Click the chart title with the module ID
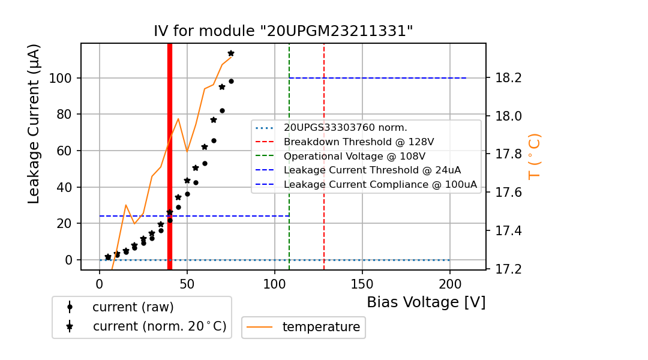coord(283,31)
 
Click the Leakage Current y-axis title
coord(34,124)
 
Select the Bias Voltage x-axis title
coord(426,302)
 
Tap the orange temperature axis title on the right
coord(534,157)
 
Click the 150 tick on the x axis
coord(362,283)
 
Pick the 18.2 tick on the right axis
coord(508,78)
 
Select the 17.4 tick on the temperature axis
coord(508,231)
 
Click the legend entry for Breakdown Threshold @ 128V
coord(358,142)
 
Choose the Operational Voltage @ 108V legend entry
coord(358,156)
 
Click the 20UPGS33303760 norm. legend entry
coord(345,128)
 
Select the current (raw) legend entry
coord(133,307)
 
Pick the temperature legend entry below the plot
coord(321,327)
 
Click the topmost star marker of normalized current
coord(231,53)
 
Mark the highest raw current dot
coord(231,81)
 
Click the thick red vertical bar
coord(170,156)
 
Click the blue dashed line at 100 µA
coord(378,78)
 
